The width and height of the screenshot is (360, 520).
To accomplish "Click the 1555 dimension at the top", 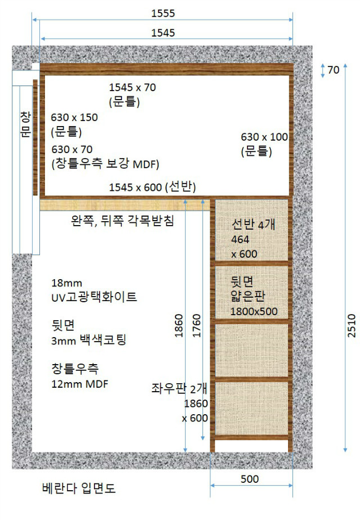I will [x=163, y=12].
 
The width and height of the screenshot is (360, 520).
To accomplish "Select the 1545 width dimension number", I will [x=163, y=33].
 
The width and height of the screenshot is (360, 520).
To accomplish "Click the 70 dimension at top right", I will [x=333, y=70].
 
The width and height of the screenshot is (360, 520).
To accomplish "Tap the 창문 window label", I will [x=25, y=124].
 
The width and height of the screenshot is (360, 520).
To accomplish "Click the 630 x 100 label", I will [x=264, y=137].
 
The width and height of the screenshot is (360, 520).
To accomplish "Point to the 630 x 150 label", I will [x=74, y=118].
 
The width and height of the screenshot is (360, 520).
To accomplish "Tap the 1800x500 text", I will [x=254, y=311].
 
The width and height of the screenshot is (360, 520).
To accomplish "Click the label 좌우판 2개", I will [x=179, y=388].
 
